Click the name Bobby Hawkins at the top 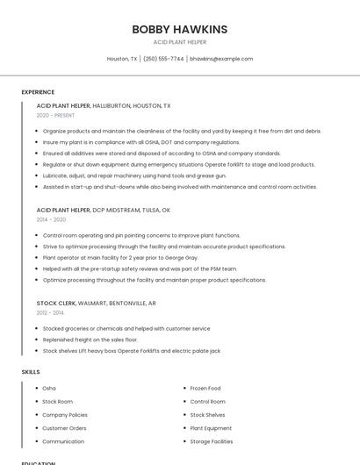(x=179, y=29)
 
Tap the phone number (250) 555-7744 (x=163, y=59)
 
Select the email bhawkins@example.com (x=221, y=59)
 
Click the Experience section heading (x=38, y=92)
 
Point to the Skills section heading (x=31, y=372)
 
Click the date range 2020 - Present (x=55, y=115)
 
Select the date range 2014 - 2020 (x=51, y=220)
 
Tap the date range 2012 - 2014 (x=50, y=312)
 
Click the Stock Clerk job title (x=56, y=303)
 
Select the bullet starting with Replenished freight (x=90, y=340)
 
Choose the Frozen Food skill (x=205, y=388)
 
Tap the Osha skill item (x=49, y=388)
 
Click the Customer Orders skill (x=64, y=428)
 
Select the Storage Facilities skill (x=212, y=441)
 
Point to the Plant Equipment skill (x=211, y=428)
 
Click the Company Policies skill (x=65, y=415)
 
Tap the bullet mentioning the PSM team (x=140, y=268)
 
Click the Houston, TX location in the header (x=122, y=59)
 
